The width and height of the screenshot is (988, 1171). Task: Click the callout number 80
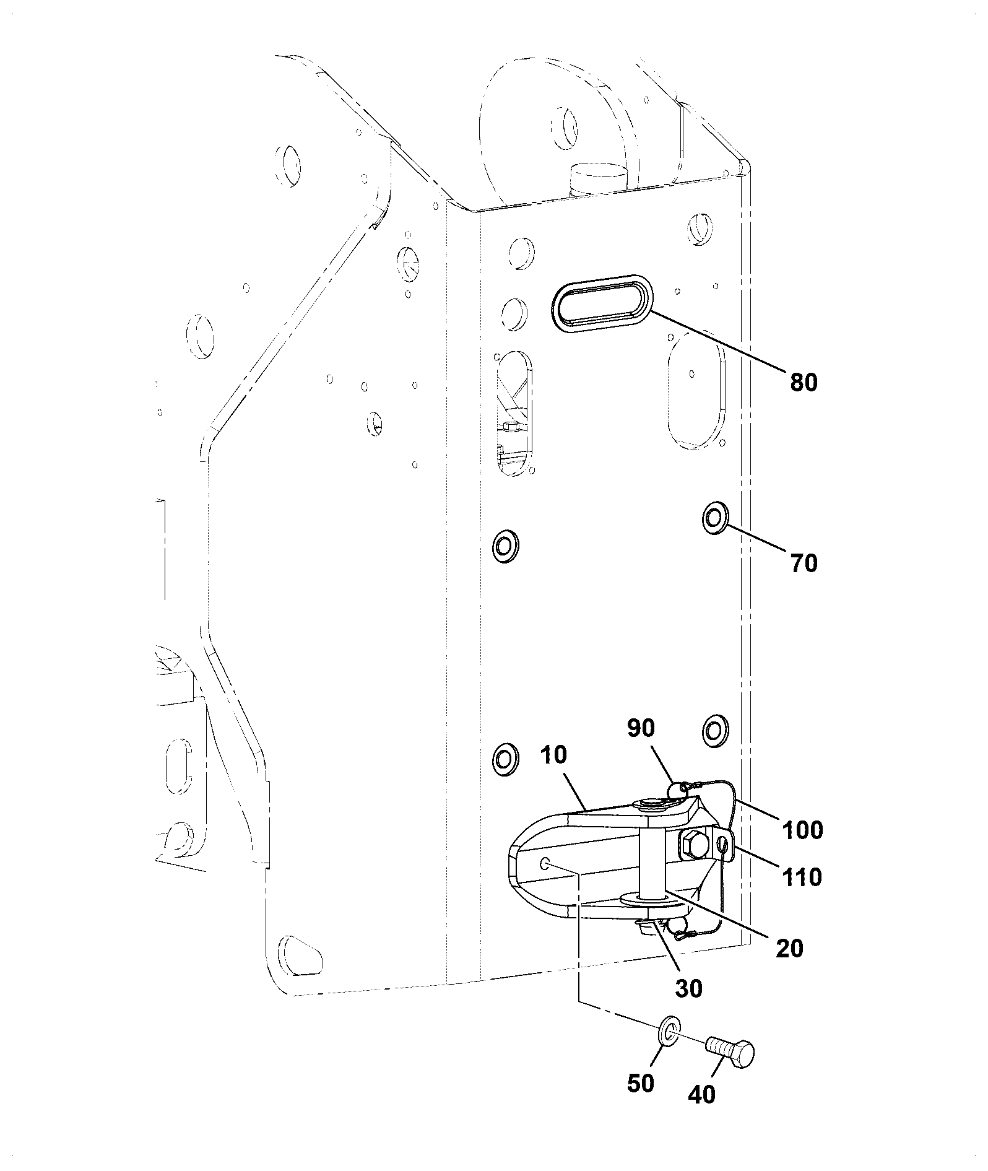(x=804, y=382)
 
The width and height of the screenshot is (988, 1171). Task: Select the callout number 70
(x=804, y=563)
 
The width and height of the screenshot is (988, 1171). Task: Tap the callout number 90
(x=641, y=729)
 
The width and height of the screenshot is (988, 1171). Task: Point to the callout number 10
(x=553, y=755)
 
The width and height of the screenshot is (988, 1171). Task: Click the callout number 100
(x=802, y=830)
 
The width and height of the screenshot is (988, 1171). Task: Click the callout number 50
(x=640, y=1083)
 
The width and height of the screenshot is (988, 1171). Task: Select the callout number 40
(x=701, y=1094)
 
